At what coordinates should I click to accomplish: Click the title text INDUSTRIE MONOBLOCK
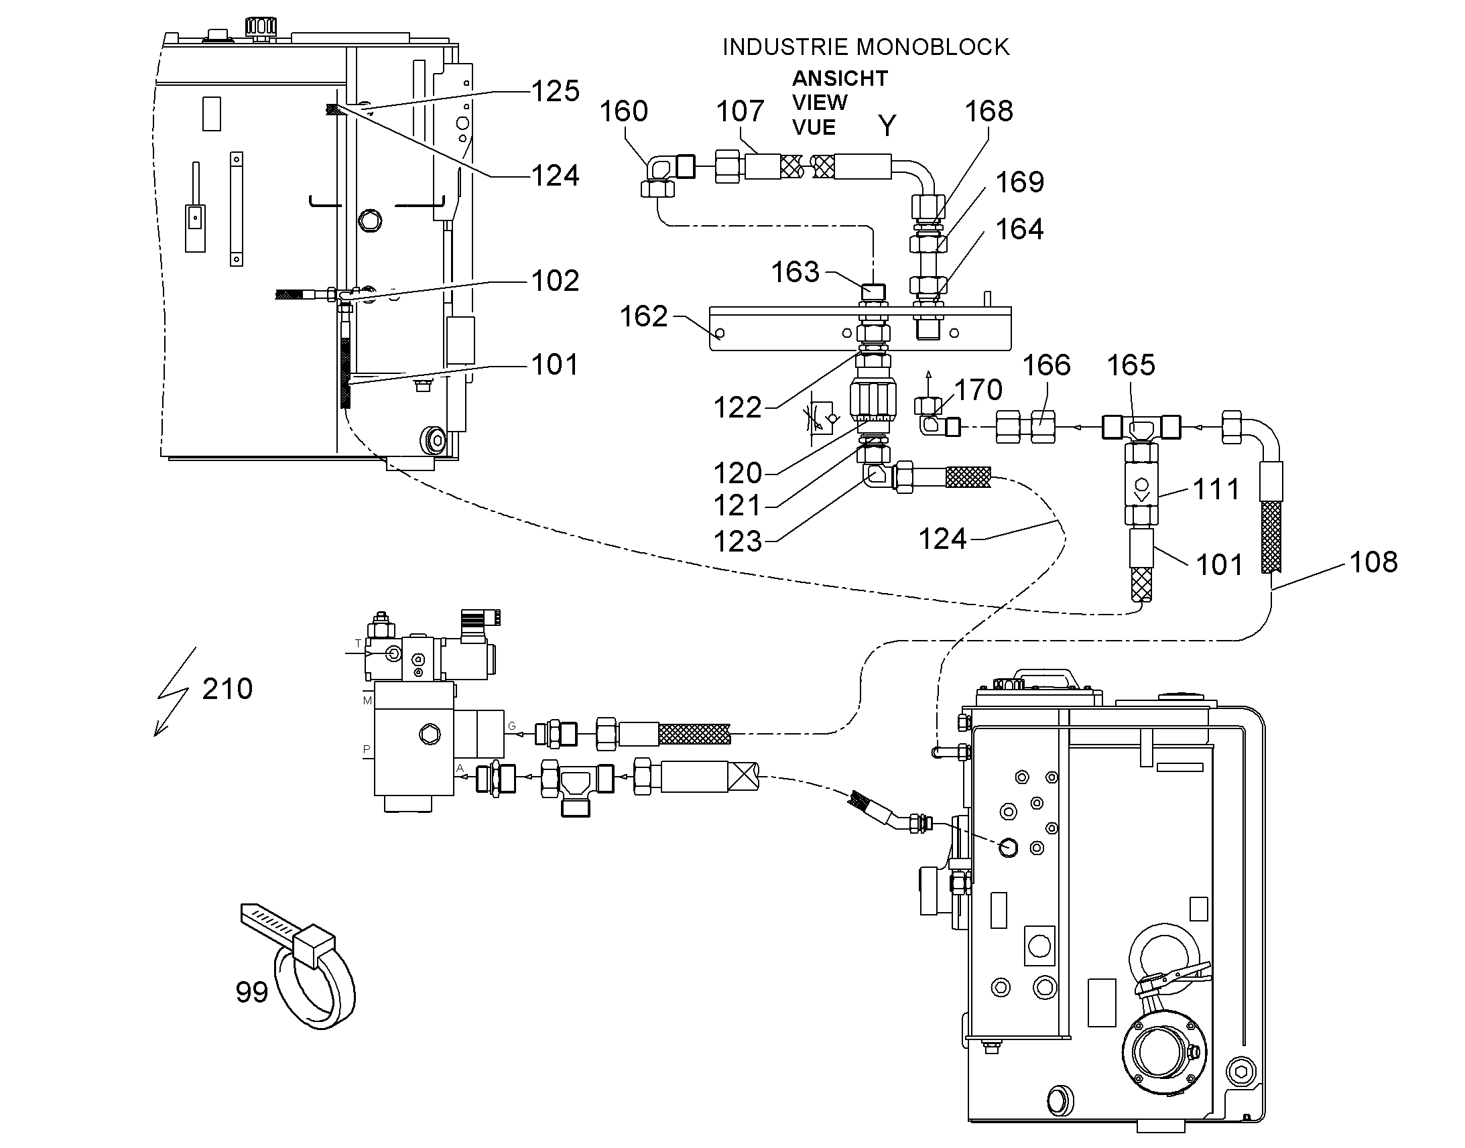866,47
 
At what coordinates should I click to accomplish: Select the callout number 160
624,111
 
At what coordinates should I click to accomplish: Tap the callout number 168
989,111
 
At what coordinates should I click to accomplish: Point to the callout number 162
643,316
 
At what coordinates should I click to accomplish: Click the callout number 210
227,689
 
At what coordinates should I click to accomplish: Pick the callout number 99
251,992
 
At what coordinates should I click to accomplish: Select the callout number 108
1373,562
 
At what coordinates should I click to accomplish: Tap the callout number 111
1216,489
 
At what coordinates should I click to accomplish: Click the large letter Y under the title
887,126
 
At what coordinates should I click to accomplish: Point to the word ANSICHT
839,78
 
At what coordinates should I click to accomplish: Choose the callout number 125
555,90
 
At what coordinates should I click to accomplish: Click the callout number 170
978,390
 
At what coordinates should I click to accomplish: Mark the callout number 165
1131,365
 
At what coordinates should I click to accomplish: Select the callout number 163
795,272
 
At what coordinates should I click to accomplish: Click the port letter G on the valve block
512,726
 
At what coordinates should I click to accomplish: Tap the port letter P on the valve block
366,749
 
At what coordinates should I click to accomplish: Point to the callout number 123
737,541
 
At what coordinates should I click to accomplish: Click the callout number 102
555,281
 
